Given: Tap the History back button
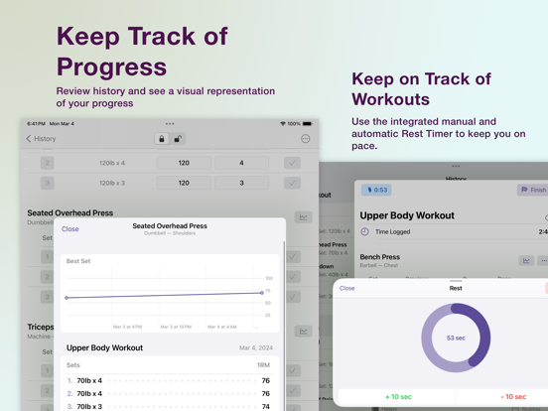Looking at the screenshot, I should (x=42, y=139).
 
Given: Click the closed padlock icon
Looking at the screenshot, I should (x=162, y=139).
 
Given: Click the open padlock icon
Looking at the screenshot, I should (x=179, y=139).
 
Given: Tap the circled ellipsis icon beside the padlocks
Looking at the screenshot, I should (x=305, y=139).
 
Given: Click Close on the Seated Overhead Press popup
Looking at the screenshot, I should (x=70, y=229).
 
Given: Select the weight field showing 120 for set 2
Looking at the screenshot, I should (x=184, y=163).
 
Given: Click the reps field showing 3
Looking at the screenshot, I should (x=241, y=183).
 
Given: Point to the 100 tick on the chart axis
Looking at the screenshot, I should (x=269, y=278).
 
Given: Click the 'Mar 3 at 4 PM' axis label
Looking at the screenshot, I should (x=127, y=326).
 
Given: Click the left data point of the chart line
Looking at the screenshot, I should (x=67, y=298).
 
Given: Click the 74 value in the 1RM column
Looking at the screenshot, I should (x=265, y=406).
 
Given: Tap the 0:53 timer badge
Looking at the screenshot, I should (x=376, y=190).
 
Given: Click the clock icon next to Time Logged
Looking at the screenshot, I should (x=364, y=231).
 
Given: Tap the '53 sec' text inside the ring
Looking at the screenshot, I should (x=456, y=339).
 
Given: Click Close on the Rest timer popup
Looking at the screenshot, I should (x=346, y=289).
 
